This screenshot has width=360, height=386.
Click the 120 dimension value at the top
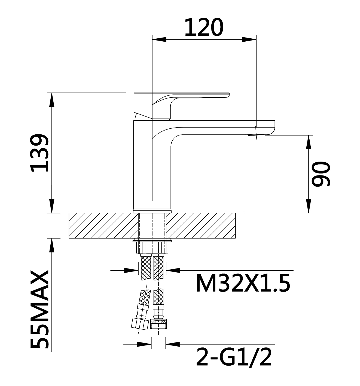click(x=204, y=27)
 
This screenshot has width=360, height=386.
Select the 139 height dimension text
click(x=39, y=153)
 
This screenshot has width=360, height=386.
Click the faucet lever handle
click(x=181, y=106)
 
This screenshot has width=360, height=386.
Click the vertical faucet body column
click(x=152, y=166)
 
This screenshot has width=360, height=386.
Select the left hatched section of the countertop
click(x=103, y=226)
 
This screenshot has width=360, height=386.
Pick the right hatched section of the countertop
click(x=201, y=226)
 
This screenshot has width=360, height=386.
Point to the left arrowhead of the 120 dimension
click(x=159, y=39)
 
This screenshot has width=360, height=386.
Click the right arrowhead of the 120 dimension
click(x=249, y=39)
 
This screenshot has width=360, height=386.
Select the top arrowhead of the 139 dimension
click(x=51, y=100)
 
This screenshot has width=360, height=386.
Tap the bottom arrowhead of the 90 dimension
click(x=309, y=206)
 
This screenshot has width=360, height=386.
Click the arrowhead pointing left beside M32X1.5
click(x=173, y=270)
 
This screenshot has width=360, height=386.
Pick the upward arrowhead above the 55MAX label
click(x=51, y=245)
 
